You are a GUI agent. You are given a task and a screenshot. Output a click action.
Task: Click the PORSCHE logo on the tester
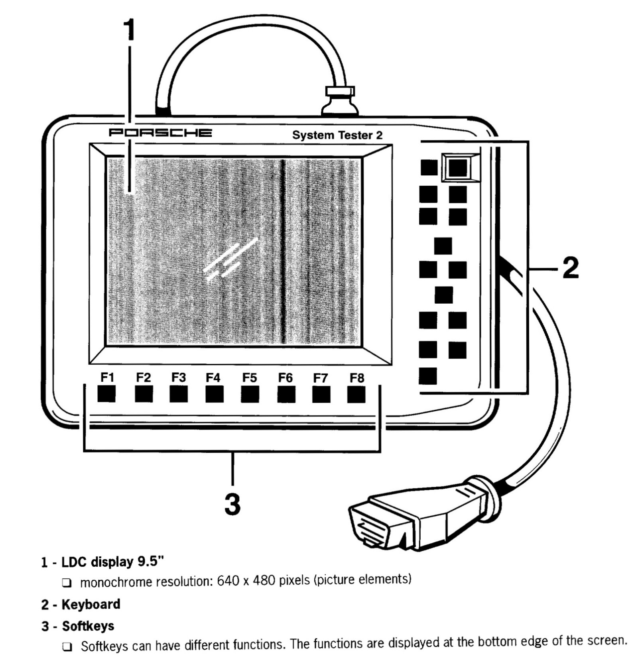pyautogui.click(x=160, y=132)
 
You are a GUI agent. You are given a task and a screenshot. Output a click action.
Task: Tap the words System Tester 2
pyautogui.click(x=337, y=135)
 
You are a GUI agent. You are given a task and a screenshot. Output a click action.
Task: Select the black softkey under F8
pyautogui.click(x=356, y=395)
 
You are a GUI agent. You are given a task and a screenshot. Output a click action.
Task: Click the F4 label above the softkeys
pyautogui.click(x=213, y=377)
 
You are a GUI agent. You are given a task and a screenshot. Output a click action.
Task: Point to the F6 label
pyautogui.click(x=285, y=377)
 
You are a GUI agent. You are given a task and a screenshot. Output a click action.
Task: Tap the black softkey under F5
pyautogui.click(x=250, y=395)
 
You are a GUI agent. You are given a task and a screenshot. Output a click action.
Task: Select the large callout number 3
pyautogui.click(x=232, y=504)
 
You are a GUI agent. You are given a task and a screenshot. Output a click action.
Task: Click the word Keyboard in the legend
pyautogui.click(x=91, y=604)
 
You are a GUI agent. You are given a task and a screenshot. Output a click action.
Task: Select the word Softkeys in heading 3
pyautogui.click(x=88, y=626)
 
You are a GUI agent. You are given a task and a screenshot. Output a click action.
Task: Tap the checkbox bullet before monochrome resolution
pyautogui.click(x=67, y=583)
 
